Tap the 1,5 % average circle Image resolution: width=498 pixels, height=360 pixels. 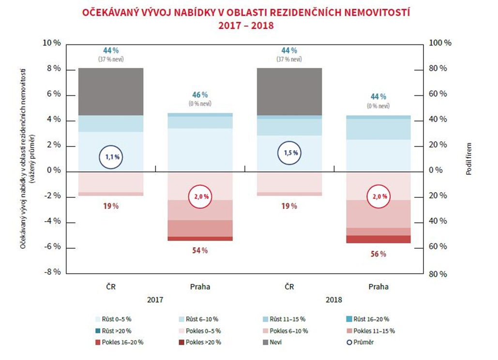289,153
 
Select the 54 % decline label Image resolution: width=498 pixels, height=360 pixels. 200,250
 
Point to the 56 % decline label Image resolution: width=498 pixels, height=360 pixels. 378,254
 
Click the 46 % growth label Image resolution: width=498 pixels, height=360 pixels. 200,95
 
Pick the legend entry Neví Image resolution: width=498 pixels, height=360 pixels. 273,342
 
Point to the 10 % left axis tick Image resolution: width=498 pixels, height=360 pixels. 52,43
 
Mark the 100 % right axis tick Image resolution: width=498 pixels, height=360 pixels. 440,43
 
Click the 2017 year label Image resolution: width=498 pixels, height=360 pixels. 155,300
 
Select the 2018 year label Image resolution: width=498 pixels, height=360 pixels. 333,300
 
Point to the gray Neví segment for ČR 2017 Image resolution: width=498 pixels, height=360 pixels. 111,91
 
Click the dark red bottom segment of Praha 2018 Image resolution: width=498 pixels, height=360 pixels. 378,239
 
